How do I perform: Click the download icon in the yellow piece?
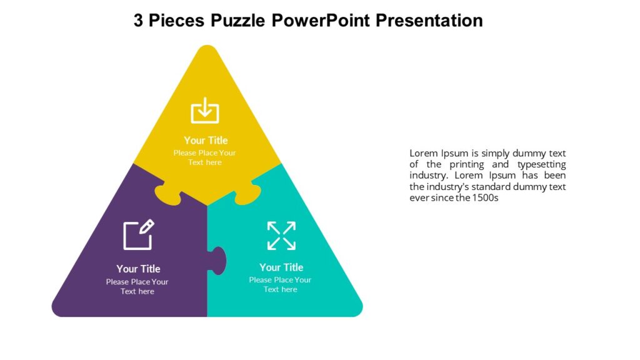coord(205,111)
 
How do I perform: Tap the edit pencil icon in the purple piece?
coord(138,235)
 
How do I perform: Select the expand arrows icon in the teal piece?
coord(281,236)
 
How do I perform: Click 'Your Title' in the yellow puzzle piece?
coord(206,141)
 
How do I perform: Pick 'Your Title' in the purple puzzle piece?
coord(138,269)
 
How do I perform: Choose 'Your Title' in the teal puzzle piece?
coord(281,267)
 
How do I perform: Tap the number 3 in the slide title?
coord(139,21)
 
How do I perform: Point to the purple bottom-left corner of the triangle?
coord(60,309)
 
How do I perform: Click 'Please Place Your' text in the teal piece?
coord(280,280)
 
